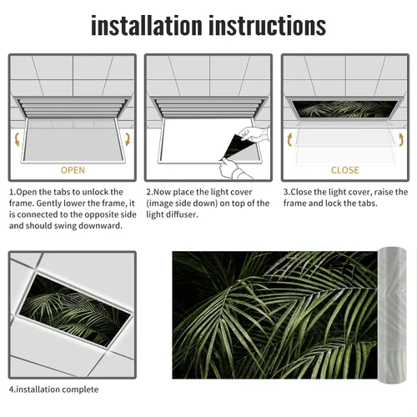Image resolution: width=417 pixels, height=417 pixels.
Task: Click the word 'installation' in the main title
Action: point(147,26)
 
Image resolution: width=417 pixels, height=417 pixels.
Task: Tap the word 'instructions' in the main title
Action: point(268,26)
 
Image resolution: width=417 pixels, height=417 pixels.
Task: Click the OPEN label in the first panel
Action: point(73,170)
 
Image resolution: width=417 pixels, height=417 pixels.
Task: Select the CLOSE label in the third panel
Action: point(345,170)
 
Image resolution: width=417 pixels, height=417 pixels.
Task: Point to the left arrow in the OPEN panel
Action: point(17,139)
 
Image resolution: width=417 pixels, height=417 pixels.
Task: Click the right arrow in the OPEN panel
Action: point(128,139)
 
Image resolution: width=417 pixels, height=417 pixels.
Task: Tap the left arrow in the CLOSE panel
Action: point(289,139)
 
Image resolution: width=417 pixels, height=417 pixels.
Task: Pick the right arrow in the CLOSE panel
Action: point(401,139)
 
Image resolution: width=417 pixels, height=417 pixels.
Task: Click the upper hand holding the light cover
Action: point(254,134)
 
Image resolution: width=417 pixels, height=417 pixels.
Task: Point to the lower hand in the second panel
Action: point(232,168)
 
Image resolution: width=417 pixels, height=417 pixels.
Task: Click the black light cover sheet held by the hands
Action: point(235,147)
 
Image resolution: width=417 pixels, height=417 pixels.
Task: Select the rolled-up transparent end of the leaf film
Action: point(392,315)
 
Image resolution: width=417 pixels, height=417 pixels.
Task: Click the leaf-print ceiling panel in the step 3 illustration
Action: point(345,108)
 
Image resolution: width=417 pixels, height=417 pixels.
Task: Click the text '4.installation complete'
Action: point(53,389)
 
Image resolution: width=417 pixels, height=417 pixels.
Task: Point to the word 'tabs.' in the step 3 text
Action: point(368,203)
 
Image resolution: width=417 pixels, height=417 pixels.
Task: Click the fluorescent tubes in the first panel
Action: point(73,108)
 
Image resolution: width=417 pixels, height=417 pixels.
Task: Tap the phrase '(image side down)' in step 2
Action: point(182,203)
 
